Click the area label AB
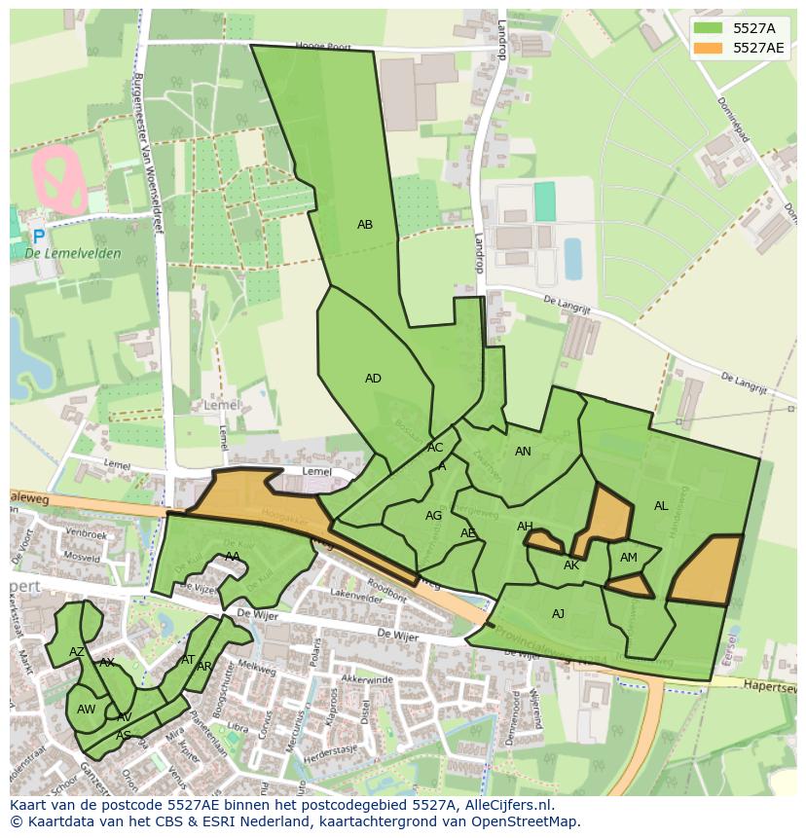point(365,225)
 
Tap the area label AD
point(373,379)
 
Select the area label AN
point(523,452)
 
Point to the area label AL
point(661,506)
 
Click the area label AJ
point(558,614)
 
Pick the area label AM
point(629,558)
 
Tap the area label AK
point(571,565)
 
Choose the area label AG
point(433,516)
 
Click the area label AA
point(233,557)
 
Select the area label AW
point(86,710)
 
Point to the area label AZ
point(76,652)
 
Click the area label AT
point(188,660)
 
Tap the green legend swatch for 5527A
point(709,28)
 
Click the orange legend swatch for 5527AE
point(709,48)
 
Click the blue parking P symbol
point(38,237)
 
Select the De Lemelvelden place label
point(73,254)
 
